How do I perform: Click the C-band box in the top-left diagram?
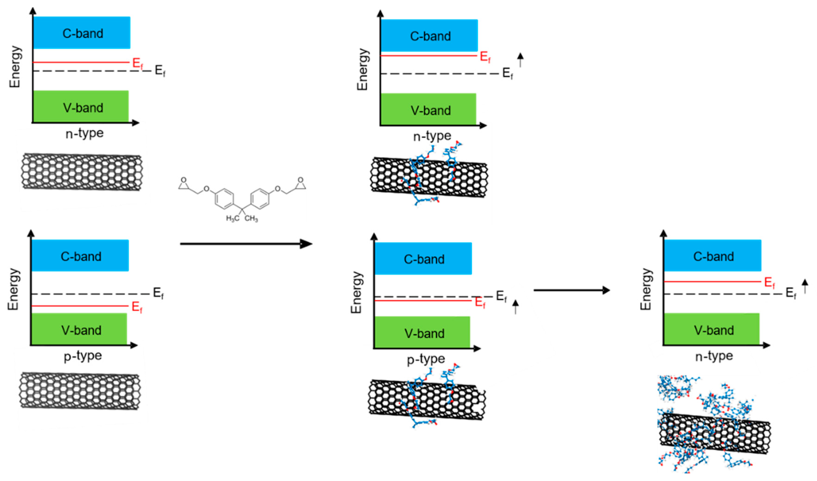point(82,33)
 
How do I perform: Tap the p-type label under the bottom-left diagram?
point(83,356)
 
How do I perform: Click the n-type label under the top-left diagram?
point(84,133)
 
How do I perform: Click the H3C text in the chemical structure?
point(233,218)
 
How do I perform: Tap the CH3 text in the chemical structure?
point(251,218)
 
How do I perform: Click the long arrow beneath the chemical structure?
point(246,244)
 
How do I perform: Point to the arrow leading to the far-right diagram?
point(572,290)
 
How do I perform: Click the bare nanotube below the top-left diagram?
point(82,172)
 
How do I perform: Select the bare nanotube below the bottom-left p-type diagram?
point(80,391)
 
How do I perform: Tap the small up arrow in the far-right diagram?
point(805,286)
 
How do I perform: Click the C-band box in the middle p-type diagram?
point(423,259)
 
